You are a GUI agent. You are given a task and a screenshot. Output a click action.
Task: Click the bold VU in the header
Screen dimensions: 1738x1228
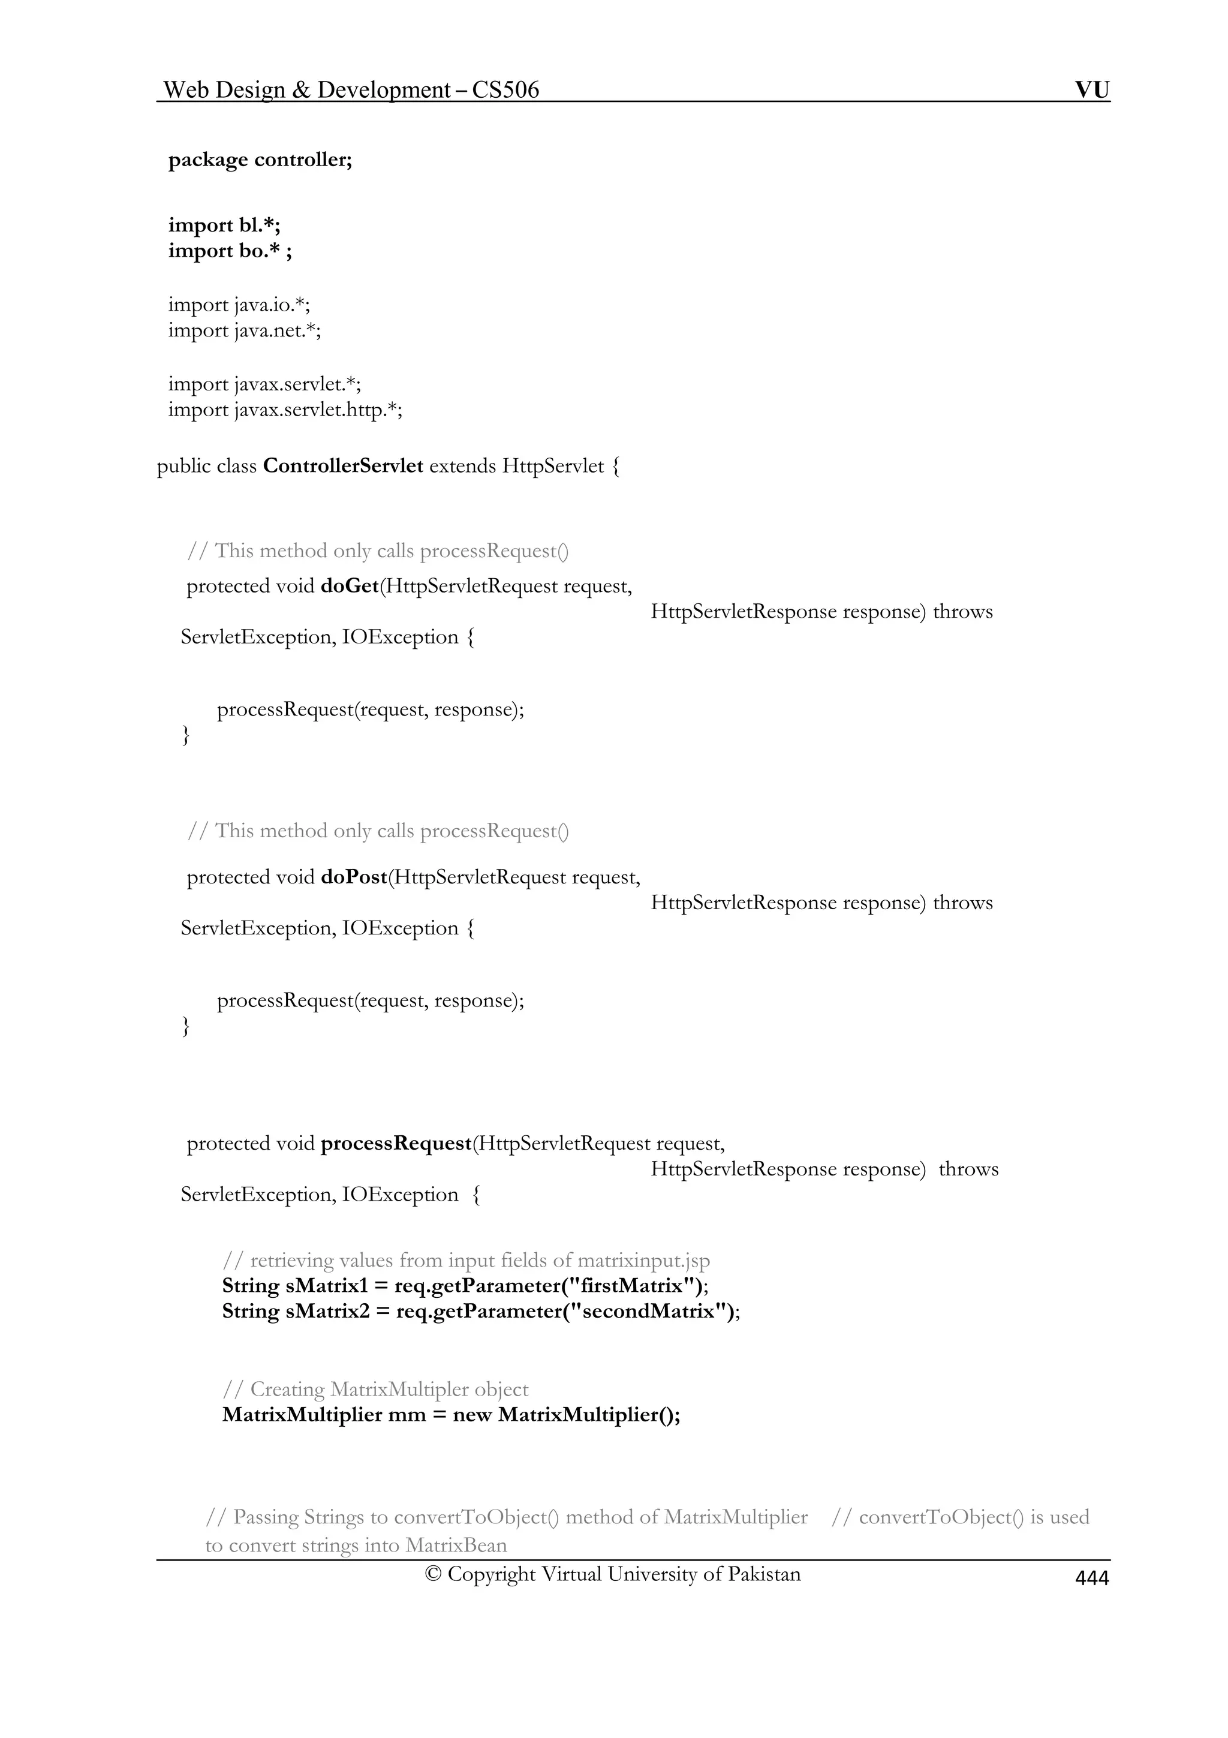coord(1092,90)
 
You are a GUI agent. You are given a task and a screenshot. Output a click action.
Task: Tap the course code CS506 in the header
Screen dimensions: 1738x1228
coord(505,90)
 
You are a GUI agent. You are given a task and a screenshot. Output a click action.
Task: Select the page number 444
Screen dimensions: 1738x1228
coord(1092,1577)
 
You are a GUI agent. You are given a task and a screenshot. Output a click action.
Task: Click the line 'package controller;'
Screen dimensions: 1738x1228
coord(260,160)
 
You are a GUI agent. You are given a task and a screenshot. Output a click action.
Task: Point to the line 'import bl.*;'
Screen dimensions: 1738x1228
coord(224,225)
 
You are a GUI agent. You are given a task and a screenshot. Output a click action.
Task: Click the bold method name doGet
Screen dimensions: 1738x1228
coord(350,586)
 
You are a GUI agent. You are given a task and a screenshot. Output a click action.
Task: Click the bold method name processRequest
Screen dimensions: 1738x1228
coord(396,1143)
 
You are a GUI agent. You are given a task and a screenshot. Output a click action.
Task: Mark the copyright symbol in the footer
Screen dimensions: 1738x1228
coord(433,1574)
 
